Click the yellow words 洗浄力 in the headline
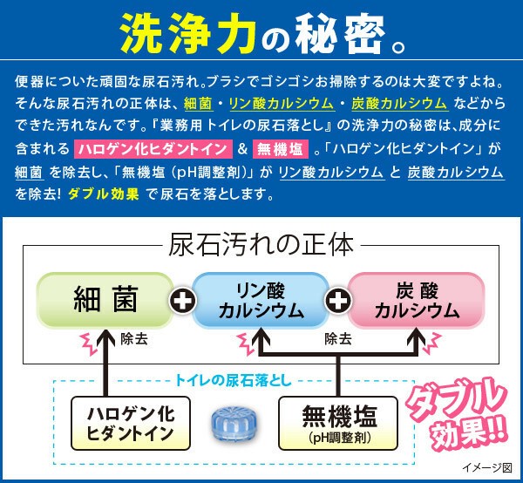click(x=187, y=33)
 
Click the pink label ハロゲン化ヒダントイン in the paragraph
click(x=153, y=149)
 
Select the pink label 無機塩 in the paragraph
click(x=281, y=149)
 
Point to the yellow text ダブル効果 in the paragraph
click(x=104, y=194)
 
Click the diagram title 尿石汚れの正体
click(x=261, y=246)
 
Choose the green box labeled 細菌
click(x=105, y=300)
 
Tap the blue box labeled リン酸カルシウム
click(x=261, y=300)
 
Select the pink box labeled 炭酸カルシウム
click(x=417, y=300)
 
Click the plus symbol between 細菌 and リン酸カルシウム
click(x=183, y=301)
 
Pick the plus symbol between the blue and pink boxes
click(x=338, y=301)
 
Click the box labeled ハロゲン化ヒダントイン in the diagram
click(x=131, y=424)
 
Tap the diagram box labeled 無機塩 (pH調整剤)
click(x=338, y=424)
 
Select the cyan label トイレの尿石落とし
click(x=234, y=381)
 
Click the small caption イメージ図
click(x=487, y=467)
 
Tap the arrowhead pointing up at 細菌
click(x=105, y=337)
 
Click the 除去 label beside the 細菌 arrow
click(x=134, y=339)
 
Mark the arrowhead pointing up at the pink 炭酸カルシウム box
click(x=416, y=337)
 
